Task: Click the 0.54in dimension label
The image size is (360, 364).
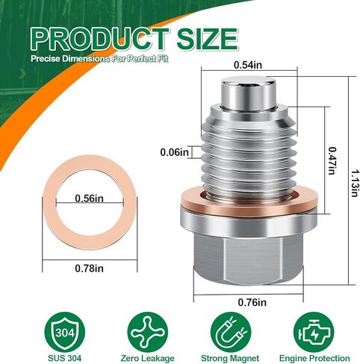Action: (x=248, y=65)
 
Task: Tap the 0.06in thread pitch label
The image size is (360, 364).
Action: (x=174, y=152)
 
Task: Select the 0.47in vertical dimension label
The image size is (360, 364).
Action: (x=332, y=160)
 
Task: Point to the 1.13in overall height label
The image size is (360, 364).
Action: (x=356, y=183)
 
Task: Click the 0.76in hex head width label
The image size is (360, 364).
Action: (x=252, y=302)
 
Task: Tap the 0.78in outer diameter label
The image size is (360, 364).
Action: (x=89, y=269)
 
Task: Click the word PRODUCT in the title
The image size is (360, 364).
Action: (x=100, y=40)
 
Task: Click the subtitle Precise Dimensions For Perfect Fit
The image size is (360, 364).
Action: (x=99, y=59)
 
